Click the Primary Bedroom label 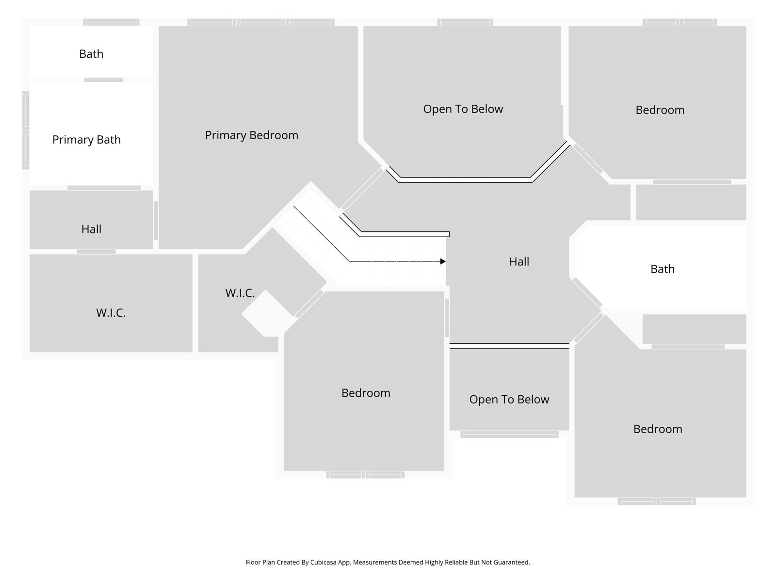tap(251, 135)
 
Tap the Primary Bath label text tap(87, 140)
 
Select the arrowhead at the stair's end tap(443, 261)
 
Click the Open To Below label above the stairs tap(463, 109)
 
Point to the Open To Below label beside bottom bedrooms tap(509, 399)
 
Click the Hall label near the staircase tap(519, 261)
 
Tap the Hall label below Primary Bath tap(91, 229)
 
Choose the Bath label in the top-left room tap(91, 54)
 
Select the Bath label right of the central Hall tap(663, 269)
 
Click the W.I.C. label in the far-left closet tap(111, 313)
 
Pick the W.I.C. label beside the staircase tap(240, 293)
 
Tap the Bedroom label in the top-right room tap(660, 110)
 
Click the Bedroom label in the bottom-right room tap(658, 429)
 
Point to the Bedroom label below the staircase tap(366, 393)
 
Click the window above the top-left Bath tap(112, 22)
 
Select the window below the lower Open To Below tap(509, 435)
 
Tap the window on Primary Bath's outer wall tap(25, 130)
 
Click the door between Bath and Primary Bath tap(104, 80)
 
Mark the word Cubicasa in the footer tap(323, 562)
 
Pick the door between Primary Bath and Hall tap(104, 188)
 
